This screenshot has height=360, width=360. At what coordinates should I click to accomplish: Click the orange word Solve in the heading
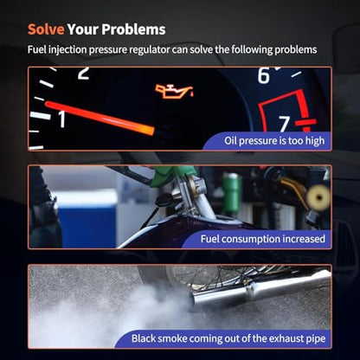tap(46, 29)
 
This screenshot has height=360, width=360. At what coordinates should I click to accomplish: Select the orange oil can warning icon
tap(174, 92)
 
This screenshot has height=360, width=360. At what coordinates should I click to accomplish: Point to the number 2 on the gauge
tap(83, 73)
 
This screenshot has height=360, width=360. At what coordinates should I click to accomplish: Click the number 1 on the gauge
tap(62, 119)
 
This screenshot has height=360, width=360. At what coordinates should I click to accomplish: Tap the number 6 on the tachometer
tap(263, 75)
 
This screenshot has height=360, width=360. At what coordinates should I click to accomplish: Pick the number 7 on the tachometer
tap(285, 124)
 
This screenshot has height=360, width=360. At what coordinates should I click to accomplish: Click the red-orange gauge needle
tap(100, 118)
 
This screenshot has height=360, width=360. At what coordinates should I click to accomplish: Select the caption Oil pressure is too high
tap(274, 141)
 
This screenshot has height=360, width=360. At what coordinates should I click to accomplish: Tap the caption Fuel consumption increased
tap(263, 239)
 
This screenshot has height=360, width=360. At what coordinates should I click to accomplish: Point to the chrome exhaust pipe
tap(260, 288)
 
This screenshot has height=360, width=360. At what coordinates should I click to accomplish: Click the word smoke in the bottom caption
tap(172, 338)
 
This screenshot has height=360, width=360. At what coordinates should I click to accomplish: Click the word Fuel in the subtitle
tap(37, 49)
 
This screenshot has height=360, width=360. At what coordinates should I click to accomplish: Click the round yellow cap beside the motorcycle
tap(318, 197)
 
